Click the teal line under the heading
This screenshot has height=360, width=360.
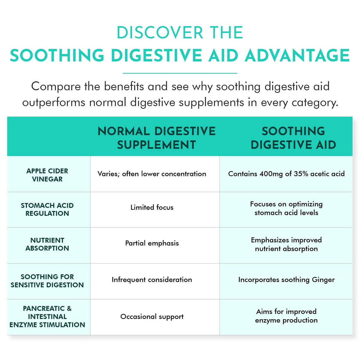[180, 73]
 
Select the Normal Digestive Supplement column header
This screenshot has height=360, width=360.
[157, 138]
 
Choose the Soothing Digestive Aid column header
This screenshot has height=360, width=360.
[293, 138]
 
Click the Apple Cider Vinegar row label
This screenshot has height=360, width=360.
[47, 175]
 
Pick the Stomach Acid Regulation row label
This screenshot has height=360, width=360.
[47, 209]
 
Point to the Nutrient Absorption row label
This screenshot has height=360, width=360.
[47, 244]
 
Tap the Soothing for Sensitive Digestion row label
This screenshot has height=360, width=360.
[47, 281]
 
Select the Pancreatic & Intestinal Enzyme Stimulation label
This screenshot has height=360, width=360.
[47, 317]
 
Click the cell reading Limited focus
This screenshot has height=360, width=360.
[152, 207]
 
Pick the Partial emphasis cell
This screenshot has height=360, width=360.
[152, 243]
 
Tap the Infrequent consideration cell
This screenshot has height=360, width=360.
[152, 280]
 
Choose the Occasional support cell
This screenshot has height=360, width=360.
[152, 317]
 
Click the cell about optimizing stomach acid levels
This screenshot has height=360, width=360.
[286, 208]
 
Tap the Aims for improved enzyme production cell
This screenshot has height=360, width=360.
[286, 316]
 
